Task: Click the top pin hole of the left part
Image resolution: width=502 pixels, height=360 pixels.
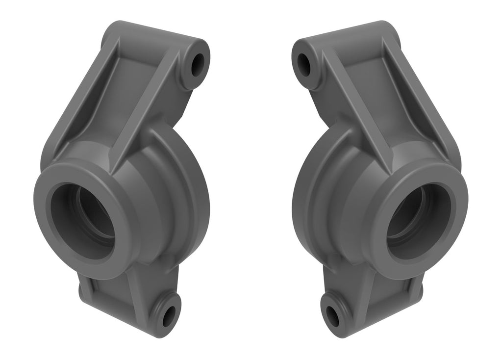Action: point(198,65)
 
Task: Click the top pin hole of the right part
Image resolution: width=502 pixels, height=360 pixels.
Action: point(304,65)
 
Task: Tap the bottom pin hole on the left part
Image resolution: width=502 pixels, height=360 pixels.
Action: point(168,316)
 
